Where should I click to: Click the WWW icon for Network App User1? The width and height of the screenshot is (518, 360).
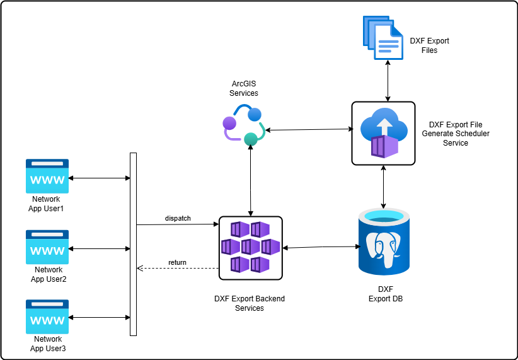point(47,176)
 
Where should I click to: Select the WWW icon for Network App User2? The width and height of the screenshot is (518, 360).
point(47,247)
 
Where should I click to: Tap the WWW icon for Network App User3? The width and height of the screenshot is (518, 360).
point(47,316)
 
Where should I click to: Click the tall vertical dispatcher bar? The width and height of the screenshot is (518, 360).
point(133,244)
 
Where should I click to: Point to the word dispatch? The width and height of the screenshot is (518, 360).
point(178,218)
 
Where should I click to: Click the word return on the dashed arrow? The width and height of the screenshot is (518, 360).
point(177,262)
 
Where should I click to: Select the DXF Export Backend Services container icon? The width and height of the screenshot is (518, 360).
point(250,247)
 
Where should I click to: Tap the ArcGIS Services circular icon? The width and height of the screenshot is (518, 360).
point(245,127)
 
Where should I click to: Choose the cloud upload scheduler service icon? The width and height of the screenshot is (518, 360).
point(383,134)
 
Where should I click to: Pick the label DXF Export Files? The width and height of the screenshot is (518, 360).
point(429,45)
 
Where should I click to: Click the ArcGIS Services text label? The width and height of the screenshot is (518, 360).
point(244,88)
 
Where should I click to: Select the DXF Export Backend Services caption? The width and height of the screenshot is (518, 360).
point(250,303)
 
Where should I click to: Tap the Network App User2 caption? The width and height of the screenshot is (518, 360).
point(47,274)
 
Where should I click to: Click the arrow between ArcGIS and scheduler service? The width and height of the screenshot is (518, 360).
point(308,130)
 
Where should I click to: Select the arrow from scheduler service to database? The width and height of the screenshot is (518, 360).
point(384,187)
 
